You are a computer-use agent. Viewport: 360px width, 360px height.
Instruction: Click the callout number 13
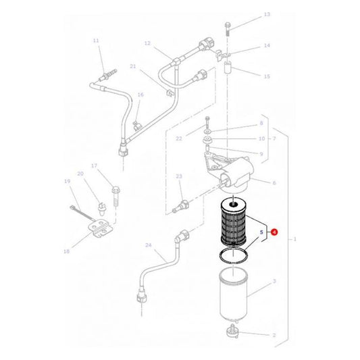click(x=248, y=14)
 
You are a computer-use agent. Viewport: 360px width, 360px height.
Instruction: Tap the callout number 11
click(x=96, y=41)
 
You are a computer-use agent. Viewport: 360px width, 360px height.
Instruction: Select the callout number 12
click(x=147, y=43)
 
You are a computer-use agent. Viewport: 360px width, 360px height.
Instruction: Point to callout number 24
click(x=148, y=245)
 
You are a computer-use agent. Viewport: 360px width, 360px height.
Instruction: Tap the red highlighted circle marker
click(x=274, y=232)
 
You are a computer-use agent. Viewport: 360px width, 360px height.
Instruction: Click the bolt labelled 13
click(x=228, y=26)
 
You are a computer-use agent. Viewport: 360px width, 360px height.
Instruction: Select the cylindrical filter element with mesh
click(x=233, y=224)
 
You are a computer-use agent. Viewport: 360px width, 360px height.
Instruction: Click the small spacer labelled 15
click(x=228, y=68)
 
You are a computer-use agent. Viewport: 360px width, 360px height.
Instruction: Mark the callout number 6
click(x=274, y=183)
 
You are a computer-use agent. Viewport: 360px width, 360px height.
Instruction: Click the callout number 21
click(x=133, y=66)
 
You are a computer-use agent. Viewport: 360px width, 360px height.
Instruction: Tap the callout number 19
click(x=68, y=182)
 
